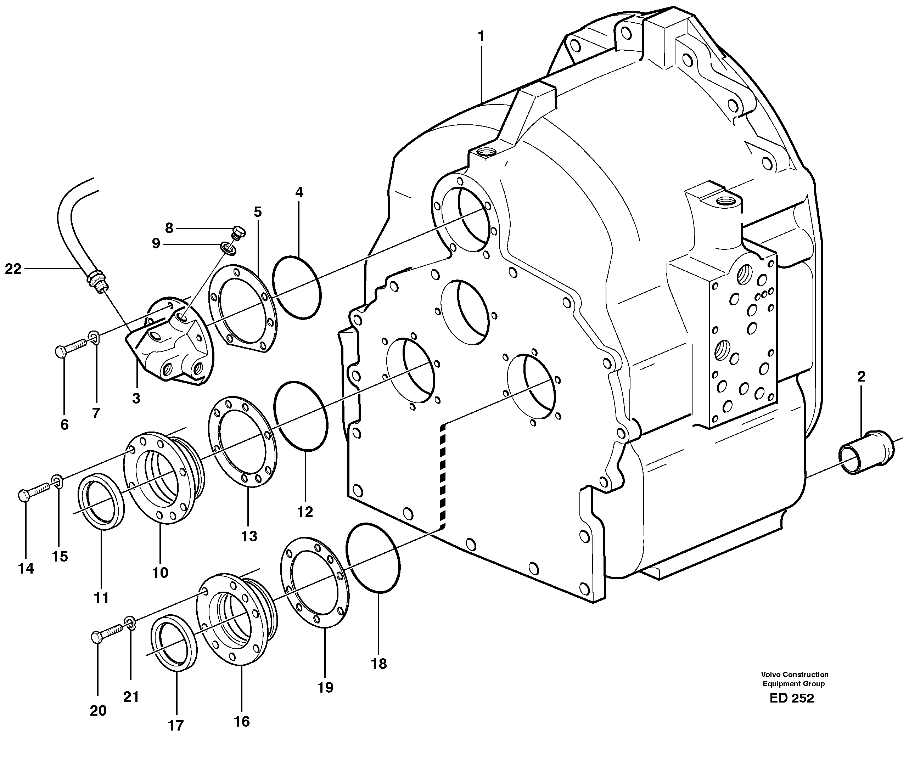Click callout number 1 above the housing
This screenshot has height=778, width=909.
[x=481, y=37]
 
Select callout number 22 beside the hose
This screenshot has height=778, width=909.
[x=13, y=269]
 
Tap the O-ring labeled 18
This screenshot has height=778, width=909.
[x=373, y=558]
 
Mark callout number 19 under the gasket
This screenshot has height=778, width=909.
[x=325, y=687]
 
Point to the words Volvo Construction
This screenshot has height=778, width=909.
[x=795, y=675]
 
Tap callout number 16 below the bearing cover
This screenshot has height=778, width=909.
[x=242, y=721]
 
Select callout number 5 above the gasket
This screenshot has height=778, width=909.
[x=258, y=212]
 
